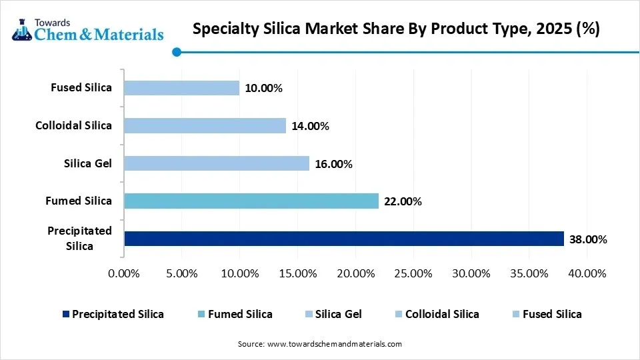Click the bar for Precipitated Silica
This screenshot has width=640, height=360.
click(343, 239)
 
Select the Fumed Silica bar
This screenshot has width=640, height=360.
click(251, 201)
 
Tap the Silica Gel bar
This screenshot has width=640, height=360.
click(216, 163)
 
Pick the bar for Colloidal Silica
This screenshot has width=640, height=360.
click(205, 125)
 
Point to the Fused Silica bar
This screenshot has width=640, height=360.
click(181, 88)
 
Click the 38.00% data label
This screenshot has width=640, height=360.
click(587, 239)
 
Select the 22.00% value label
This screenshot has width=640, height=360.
click(402, 201)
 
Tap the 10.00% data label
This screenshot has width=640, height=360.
click(263, 88)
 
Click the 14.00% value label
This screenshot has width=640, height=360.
click(310, 126)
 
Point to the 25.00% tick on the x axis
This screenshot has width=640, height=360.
click(413, 273)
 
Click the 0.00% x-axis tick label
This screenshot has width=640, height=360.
click(124, 273)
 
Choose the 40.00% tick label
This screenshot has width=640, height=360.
click(587, 273)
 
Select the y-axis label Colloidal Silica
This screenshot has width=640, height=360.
click(73, 125)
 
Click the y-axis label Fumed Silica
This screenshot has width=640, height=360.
click(79, 201)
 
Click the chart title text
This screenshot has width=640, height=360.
click(395, 29)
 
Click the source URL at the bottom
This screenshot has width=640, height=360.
click(320, 344)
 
